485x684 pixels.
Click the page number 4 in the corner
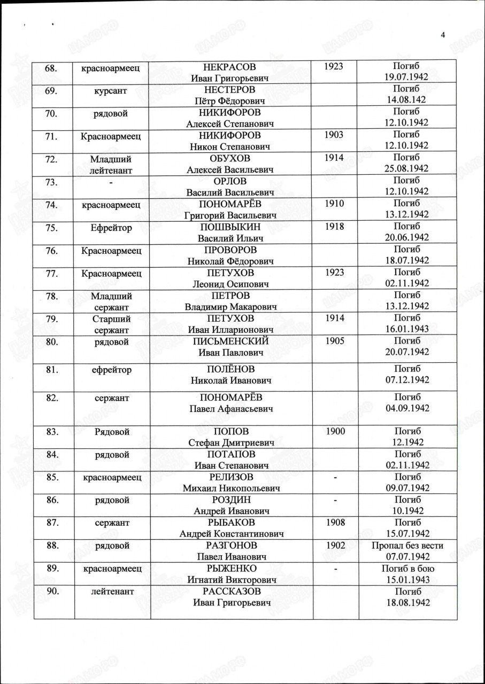[x=443, y=35]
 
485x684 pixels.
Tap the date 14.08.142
[x=406, y=100]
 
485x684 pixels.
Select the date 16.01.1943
[x=406, y=330]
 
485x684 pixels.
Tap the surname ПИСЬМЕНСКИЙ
[x=230, y=341]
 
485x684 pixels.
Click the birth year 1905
[x=334, y=341]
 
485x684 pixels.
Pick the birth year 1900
[x=334, y=431]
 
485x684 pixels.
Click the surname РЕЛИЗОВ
[x=230, y=477]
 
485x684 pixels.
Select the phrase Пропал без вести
[x=406, y=546]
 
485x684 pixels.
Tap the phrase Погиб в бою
[x=406, y=569]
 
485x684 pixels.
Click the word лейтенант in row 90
[x=111, y=592]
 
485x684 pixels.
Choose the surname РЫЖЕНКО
[x=230, y=569]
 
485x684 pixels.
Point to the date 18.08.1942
[x=406, y=603]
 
